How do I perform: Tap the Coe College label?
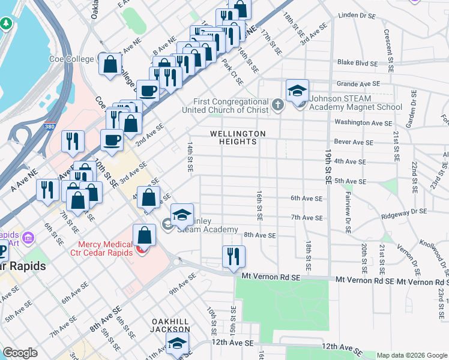tap(71, 59)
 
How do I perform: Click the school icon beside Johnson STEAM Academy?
tap(297, 91)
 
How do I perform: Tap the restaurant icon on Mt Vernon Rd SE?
tap(233, 257)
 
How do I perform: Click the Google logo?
tap(20, 353)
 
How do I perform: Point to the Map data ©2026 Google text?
tap(411, 355)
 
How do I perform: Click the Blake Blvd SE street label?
tap(358, 63)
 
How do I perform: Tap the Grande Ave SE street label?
tap(358, 84)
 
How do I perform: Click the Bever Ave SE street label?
tap(354, 142)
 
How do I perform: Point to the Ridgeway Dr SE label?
tap(404, 211)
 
